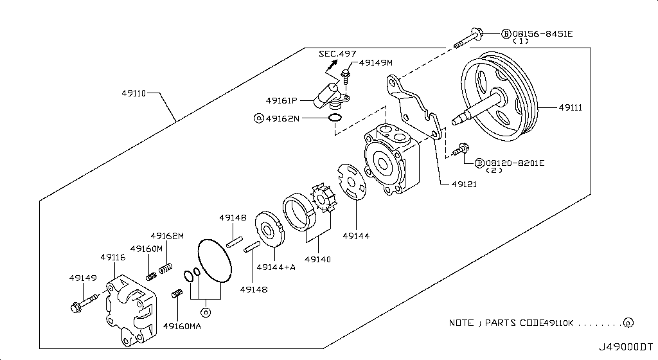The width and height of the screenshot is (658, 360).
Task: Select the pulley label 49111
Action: (x=570, y=108)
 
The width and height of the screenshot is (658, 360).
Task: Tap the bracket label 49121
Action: (x=463, y=184)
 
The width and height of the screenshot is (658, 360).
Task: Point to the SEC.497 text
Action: (x=337, y=53)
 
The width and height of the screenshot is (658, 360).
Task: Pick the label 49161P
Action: (x=281, y=101)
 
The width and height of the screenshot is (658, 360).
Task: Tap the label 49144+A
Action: (x=276, y=267)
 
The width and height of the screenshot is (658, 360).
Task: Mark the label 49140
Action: (x=317, y=260)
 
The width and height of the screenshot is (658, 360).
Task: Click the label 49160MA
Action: (x=182, y=326)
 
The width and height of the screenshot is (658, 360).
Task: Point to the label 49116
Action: (x=112, y=257)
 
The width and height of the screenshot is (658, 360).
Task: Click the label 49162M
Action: (x=167, y=236)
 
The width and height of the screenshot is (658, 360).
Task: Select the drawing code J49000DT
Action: (x=627, y=347)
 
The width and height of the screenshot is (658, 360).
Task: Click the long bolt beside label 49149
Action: (x=84, y=300)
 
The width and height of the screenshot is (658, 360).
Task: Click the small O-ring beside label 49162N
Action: (x=335, y=118)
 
